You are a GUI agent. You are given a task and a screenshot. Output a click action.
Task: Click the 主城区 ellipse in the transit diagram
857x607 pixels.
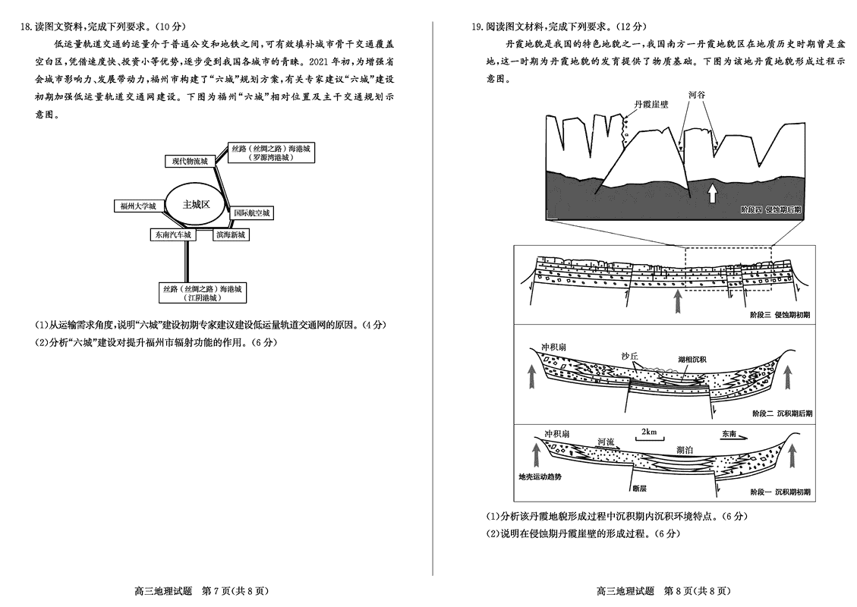[195, 204]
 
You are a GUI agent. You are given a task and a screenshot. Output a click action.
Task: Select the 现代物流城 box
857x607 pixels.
[189, 161]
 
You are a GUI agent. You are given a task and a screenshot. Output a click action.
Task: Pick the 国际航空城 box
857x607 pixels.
[251, 213]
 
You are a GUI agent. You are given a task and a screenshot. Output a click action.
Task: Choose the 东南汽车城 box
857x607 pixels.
[172, 235]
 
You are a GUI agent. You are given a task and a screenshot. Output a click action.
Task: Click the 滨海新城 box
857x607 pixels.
[230, 235]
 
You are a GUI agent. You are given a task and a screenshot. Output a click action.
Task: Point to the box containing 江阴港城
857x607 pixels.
[202, 294]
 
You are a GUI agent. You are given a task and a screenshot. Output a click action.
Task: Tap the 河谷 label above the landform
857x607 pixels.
[697, 96]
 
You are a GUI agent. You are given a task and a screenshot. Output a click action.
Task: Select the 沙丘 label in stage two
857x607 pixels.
[630, 356]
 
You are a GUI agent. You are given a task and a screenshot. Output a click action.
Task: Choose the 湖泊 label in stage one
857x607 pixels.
[684, 450]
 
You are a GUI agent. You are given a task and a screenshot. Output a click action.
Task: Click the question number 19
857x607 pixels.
[477, 27]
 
